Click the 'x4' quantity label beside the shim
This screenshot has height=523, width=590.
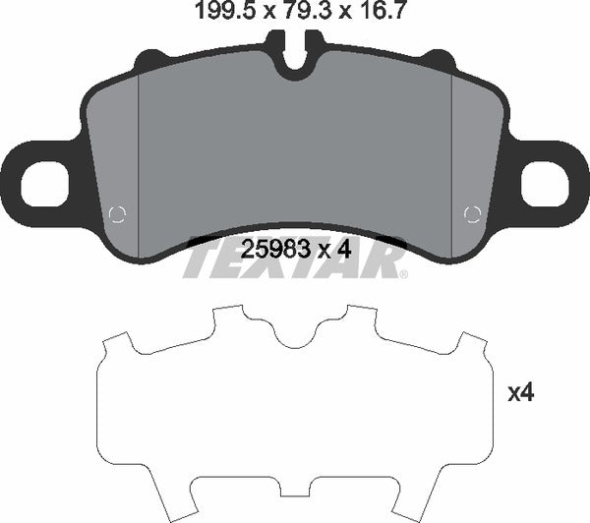click(520, 393)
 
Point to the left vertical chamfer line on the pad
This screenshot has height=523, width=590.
click(140, 157)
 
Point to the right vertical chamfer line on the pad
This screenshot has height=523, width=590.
click(450, 157)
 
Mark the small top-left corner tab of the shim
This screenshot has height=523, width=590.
click(116, 344)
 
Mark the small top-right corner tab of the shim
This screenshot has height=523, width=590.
click(474, 344)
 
